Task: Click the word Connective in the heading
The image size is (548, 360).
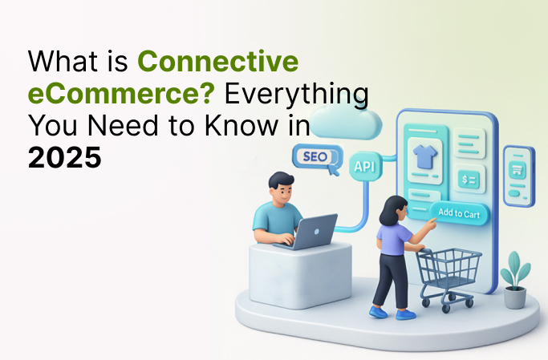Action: (x=217, y=61)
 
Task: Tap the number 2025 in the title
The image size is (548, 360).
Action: (x=65, y=156)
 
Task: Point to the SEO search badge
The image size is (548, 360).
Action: (x=316, y=156)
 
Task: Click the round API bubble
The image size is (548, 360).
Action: (x=364, y=167)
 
